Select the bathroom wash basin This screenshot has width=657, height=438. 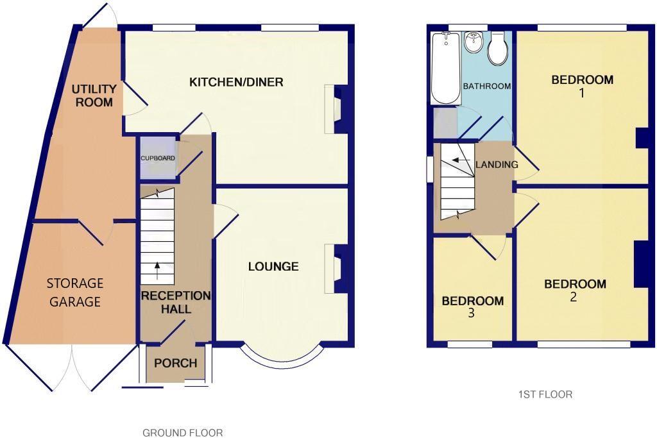coord(474,42)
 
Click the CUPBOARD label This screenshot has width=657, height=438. coord(158,158)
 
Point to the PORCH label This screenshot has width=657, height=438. coord(176,363)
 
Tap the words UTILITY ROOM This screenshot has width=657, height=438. coord(94,96)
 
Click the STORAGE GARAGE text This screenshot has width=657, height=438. coord(75,292)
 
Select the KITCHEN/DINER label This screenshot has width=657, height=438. coord(236,82)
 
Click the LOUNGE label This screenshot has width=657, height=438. coord(273,266)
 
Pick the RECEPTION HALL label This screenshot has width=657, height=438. coord(175,302)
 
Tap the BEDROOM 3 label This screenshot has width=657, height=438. coord(473,307)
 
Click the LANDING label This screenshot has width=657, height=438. coord(497,165)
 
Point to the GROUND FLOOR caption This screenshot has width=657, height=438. coord(183,433)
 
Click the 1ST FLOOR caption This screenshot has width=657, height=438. coord(545,394)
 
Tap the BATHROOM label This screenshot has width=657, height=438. coord(487,86)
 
